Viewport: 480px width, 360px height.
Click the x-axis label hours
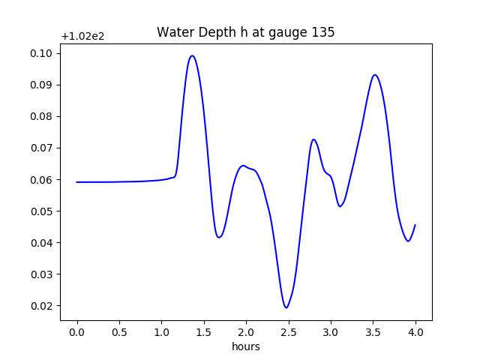click(246, 346)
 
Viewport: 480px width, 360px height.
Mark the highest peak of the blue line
click(192, 55)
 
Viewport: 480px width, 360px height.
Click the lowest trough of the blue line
click(286, 307)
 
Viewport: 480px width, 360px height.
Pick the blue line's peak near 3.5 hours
click(374, 75)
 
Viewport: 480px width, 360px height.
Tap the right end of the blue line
click(415, 225)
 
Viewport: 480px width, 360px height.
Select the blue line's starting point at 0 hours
click(77, 182)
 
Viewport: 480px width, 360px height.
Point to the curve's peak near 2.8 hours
click(313, 139)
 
